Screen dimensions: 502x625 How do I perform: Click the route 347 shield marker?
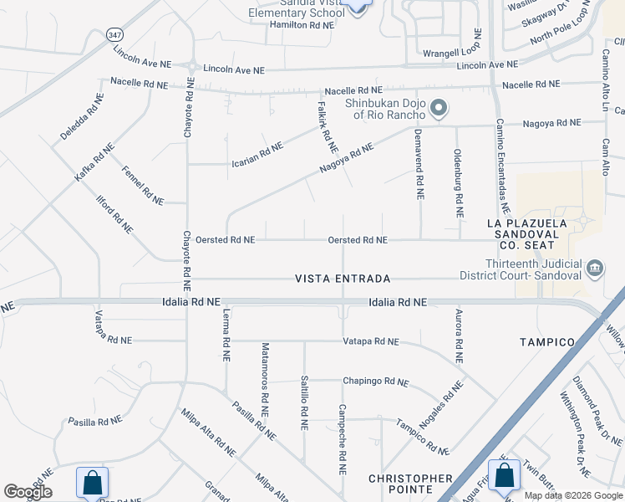click(x=114, y=35)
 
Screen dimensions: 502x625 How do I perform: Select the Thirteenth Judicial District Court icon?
click(x=594, y=268)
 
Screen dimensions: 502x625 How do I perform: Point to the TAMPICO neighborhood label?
click(x=547, y=342)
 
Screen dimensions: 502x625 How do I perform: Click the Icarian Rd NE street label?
click(x=257, y=154)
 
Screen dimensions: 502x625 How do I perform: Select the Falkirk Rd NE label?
click(x=322, y=122)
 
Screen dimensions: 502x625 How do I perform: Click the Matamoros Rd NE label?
click(x=266, y=380)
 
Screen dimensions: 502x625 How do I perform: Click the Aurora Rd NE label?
click(x=459, y=335)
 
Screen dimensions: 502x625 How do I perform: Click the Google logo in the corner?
click(x=28, y=492)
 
